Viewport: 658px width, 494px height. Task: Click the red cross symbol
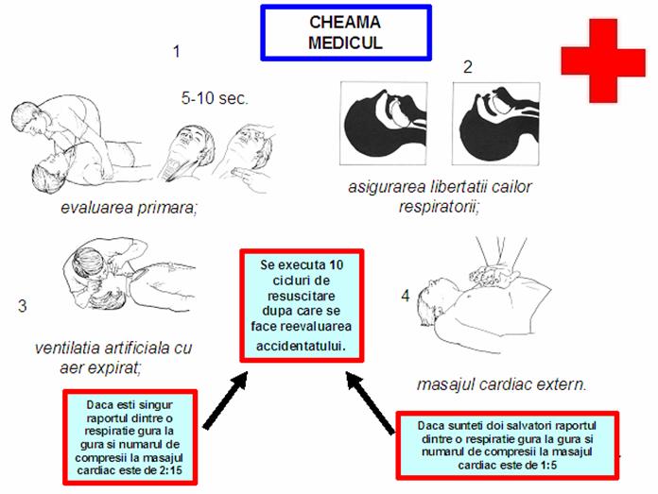point(603,60)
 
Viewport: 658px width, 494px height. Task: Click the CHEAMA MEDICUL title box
point(346,33)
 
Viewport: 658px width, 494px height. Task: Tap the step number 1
point(177,52)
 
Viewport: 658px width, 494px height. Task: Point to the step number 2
point(468,67)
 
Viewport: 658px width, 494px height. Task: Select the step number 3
point(23,306)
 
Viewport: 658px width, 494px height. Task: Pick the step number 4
point(405,296)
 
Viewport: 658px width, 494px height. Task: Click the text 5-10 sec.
point(215,98)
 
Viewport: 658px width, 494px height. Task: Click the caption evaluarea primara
point(129,208)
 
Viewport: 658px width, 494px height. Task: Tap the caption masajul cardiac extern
point(501,384)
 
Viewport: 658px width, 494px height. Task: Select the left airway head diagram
point(384,124)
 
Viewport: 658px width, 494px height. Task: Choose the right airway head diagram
point(496,124)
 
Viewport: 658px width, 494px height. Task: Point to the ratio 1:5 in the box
point(547,465)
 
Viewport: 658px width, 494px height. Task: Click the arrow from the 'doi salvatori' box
point(370,402)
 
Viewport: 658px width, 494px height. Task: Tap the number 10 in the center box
point(337,265)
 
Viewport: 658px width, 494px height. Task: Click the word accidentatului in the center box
point(301,346)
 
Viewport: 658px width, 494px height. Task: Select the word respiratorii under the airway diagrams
point(439,206)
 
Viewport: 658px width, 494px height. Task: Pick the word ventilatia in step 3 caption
point(67,348)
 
